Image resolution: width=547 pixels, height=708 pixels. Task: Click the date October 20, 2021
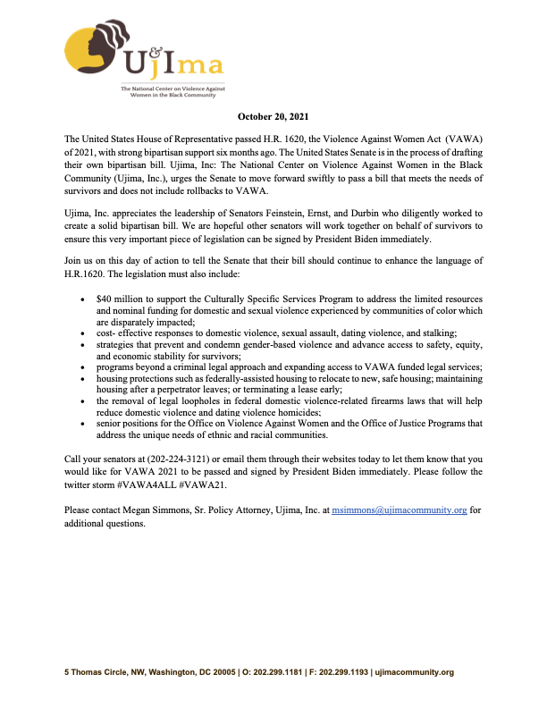273,116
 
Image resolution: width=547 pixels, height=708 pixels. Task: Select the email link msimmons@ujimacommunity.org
400,510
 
